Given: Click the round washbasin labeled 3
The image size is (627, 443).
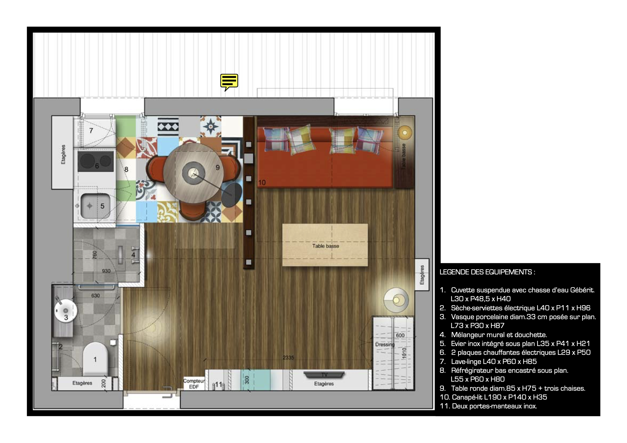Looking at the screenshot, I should [x=65, y=311].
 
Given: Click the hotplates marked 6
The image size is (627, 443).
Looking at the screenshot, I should [x=95, y=162].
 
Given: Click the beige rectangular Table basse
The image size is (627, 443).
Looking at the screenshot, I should [x=325, y=245].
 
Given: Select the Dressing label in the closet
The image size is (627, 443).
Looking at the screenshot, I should [x=385, y=344].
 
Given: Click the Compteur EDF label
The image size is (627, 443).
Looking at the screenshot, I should [x=194, y=384].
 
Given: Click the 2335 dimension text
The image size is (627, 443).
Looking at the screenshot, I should [x=288, y=357].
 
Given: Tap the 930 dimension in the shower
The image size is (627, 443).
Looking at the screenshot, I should [x=106, y=271].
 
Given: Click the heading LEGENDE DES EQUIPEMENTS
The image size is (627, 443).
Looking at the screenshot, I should [x=487, y=272].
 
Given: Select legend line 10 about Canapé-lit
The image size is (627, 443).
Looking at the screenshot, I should [x=493, y=397].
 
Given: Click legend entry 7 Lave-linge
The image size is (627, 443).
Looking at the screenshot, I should [x=488, y=361].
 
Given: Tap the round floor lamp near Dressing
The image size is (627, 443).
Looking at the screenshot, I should [x=396, y=300].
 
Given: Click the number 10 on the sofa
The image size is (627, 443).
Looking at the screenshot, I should [x=262, y=182].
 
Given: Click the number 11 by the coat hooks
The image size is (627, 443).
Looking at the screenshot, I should [x=218, y=384].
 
